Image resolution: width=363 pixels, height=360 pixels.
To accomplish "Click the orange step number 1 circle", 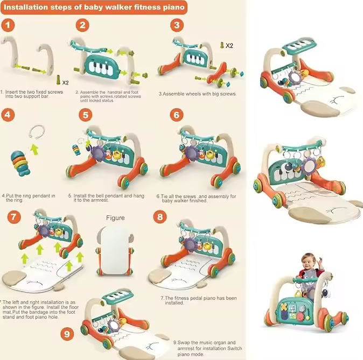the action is pyautogui.click(x=8, y=25).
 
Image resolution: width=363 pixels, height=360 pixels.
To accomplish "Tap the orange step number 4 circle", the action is pyautogui.click(x=8, y=115).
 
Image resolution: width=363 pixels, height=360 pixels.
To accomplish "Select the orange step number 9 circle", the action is pyautogui.click(x=67, y=334).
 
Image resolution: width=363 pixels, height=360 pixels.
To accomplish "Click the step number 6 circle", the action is pyautogui.click(x=177, y=115).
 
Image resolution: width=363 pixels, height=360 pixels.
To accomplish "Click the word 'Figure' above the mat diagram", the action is pyautogui.click(x=115, y=218).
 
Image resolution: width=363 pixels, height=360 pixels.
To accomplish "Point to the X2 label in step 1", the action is pyautogui.click(x=65, y=82).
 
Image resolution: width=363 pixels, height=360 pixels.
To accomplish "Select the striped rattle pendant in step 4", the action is pyautogui.click(x=20, y=163).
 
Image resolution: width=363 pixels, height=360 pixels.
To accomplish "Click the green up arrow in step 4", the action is pyautogui.click(x=34, y=149).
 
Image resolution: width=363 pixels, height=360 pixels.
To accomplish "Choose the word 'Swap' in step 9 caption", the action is pyautogui.click(x=184, y=343).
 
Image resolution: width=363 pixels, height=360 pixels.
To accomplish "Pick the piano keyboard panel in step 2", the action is pyautogui.click(x=102, y=67).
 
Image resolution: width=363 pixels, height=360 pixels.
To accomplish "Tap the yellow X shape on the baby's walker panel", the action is pyautogui.click(x=284, y=307).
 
